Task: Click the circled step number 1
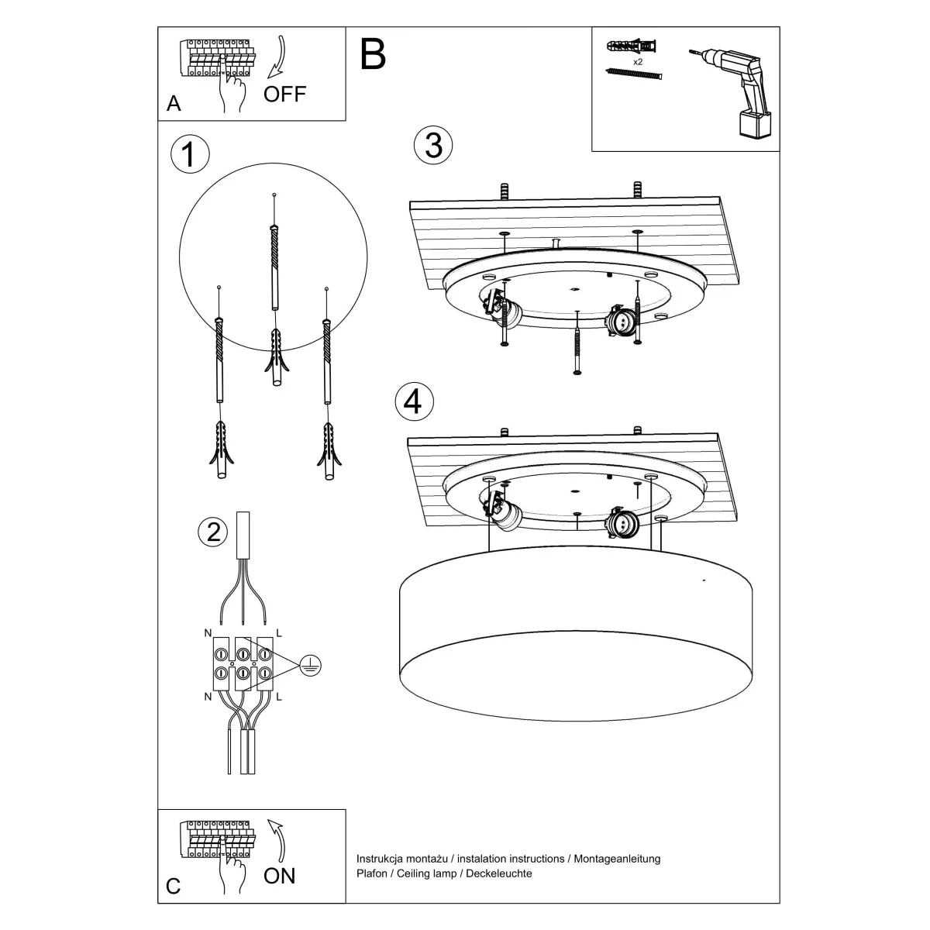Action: [x=189, y=154]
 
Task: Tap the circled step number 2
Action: [x=213, y=532]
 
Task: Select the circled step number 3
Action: [x=433, y=145]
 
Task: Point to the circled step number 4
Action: [x=414, y=401]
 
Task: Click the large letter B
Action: [x=373, y=55]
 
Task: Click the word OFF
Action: [x=284, y=95]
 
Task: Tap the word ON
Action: [x=279, y=876]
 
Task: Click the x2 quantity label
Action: [x=638, y=60]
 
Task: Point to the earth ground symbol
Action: [x=310, y=664]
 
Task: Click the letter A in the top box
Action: [x=174, y=104]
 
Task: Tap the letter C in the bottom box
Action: [x=174, y=886]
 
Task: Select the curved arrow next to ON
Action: [x=277, y=841]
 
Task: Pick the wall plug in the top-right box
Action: [x=632, y=45]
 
